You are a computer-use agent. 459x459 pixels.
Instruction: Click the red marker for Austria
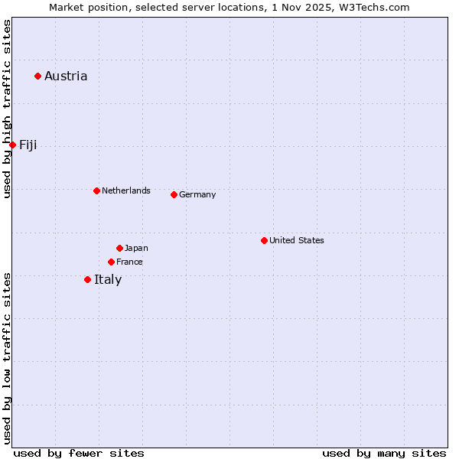(x=37, y=76)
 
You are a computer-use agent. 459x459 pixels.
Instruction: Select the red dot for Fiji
(x=12, y=145)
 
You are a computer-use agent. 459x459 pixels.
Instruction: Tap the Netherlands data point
(x=96, y=190)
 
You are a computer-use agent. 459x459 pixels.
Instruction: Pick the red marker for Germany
(x=174, y=194)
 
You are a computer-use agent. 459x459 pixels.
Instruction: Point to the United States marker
(x=264, y=240)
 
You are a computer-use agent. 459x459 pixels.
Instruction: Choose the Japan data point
(x=119, y=248)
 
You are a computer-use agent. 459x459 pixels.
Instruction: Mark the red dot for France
(x=111, y=262)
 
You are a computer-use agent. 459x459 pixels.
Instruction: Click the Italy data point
(x=87, y=279)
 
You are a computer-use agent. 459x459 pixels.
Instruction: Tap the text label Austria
(x=66, y=76)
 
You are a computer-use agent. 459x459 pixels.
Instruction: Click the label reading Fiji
(x=28, y=145)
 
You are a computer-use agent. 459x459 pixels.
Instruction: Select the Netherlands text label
(x=126, y=190)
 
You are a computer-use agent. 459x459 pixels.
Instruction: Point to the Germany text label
(x=197, y=194)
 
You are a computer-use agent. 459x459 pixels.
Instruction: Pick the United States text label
(x=297, y=240)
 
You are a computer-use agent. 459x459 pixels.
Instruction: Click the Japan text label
(x=136, y=248)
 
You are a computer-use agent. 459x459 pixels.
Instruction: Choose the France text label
(x=129, y=262)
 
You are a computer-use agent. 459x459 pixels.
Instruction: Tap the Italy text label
(x=108, y=279)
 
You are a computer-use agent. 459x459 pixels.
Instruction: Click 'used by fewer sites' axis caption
(x=79, y=453)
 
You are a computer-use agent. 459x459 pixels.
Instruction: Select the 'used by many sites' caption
(x=384, y=453)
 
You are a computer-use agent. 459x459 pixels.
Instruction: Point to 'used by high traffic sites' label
(x=7, y=109)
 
